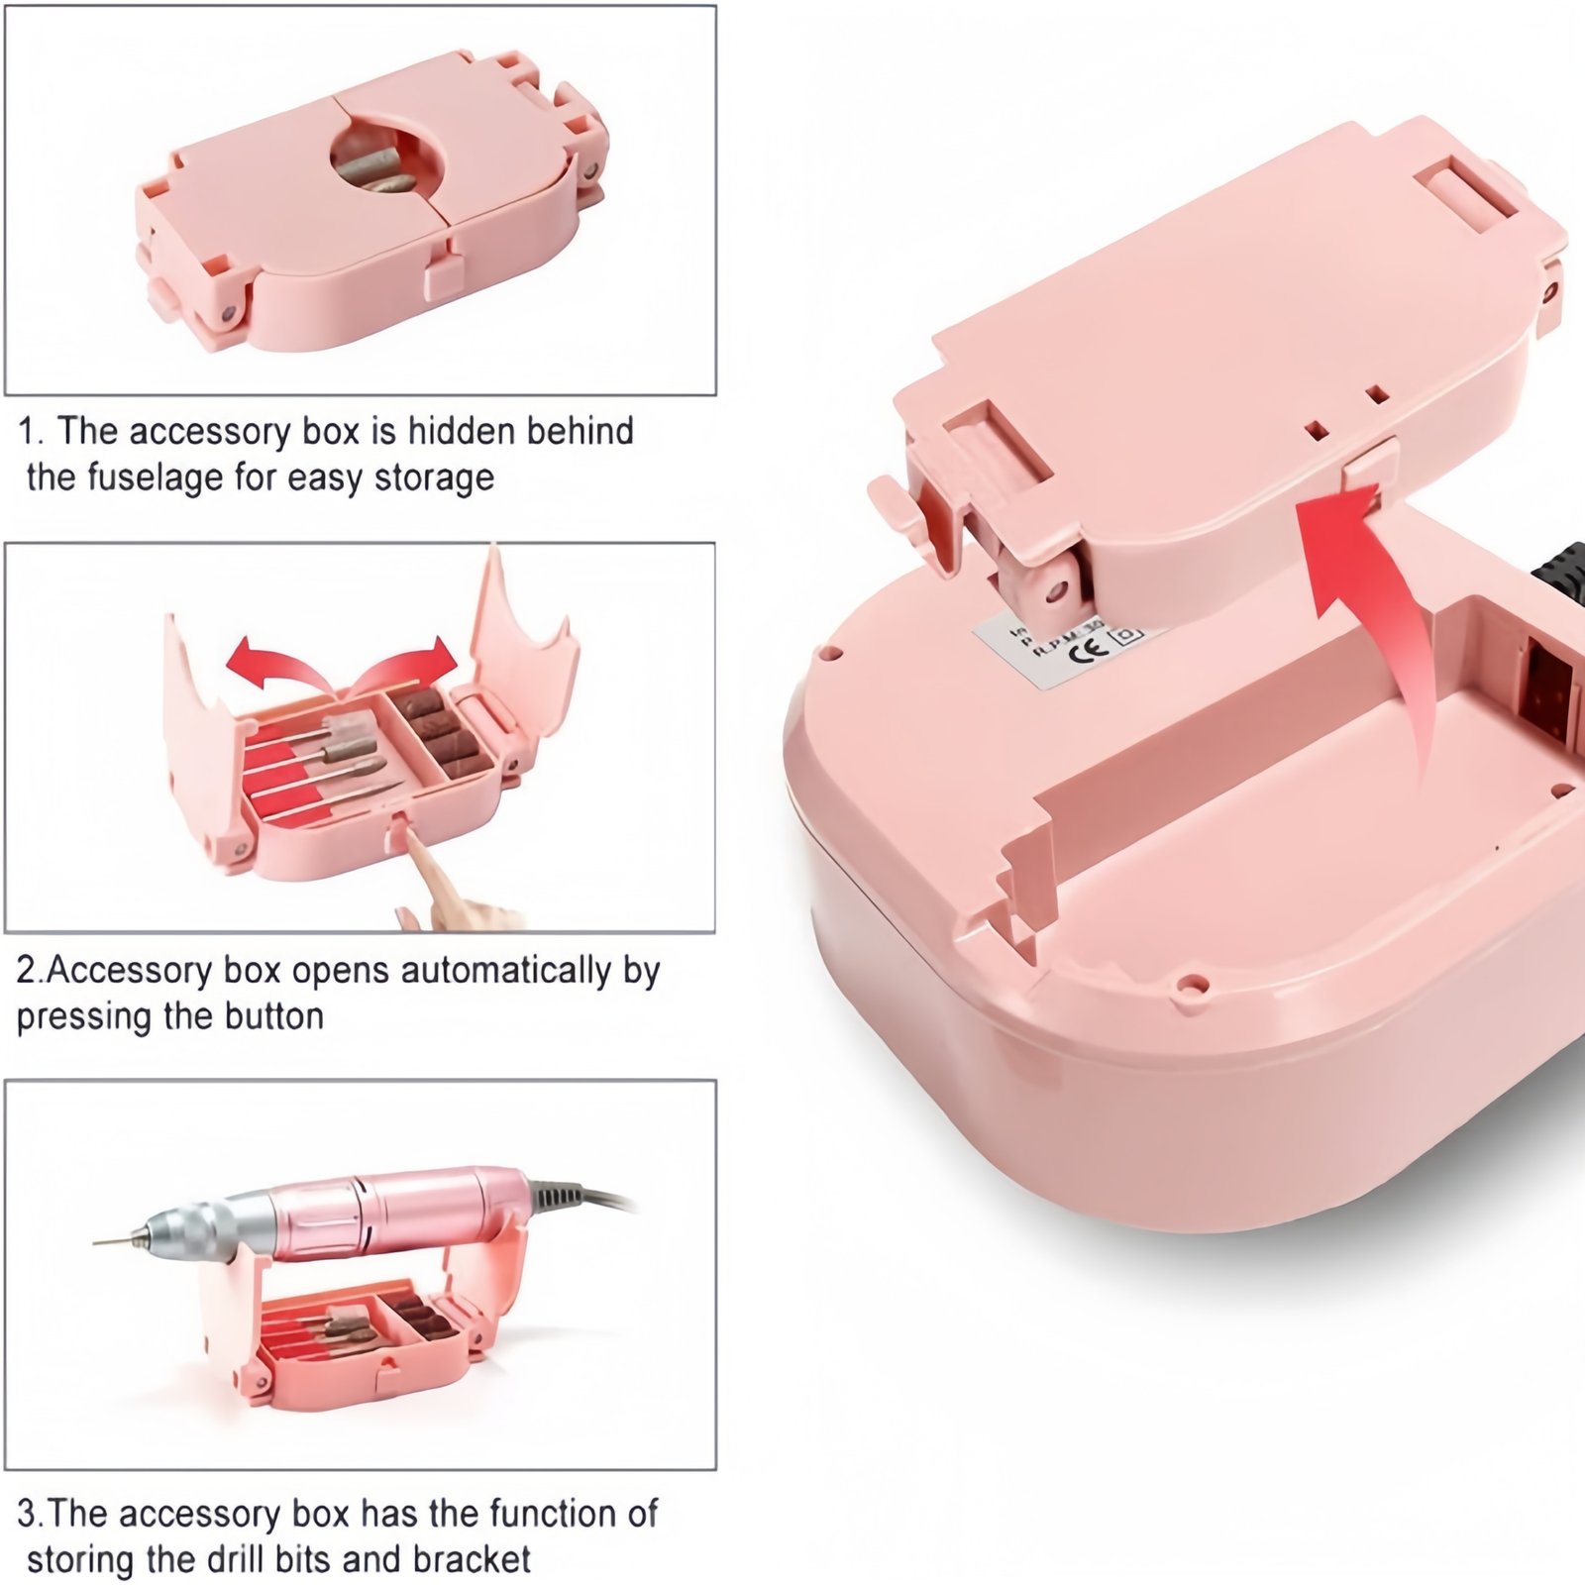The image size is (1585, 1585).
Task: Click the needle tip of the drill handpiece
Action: pos(99,1240)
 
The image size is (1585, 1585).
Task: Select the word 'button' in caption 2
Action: pos(274,1016)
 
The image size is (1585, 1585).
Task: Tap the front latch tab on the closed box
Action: pos(443,275)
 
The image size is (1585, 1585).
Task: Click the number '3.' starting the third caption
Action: pos(30,1514)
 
